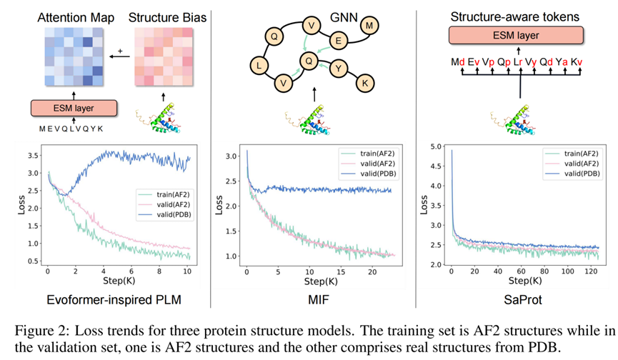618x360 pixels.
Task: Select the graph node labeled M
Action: pyautogui.click(x=369, y=26)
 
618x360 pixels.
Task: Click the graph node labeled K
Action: pyautogui.click(x=365, y=83)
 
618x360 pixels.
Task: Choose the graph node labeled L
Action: pyautogui.click(x=259, y=66)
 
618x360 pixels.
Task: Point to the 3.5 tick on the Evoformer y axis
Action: pyautogui.click(x=32, y=154)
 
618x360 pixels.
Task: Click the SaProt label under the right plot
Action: pyautogui.click(x=515, y=300)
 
